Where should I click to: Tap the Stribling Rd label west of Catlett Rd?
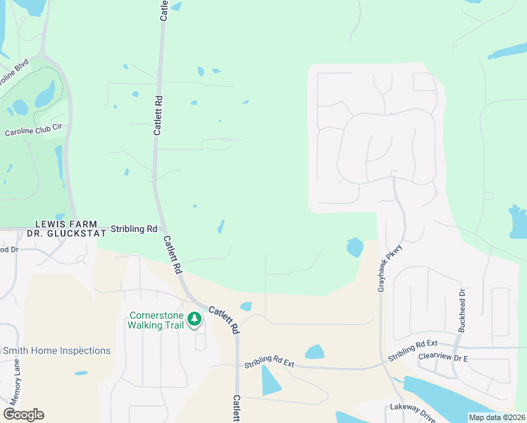point(134,229)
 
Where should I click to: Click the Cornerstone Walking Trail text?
point(156,320)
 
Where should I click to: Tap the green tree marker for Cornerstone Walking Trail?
point(194,320)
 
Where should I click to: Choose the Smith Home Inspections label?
point(56,350)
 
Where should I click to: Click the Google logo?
point(23,415)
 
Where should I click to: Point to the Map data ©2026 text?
point(497,417)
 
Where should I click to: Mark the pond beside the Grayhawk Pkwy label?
point(354,247)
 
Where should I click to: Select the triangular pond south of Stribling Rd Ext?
point(270,381)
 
